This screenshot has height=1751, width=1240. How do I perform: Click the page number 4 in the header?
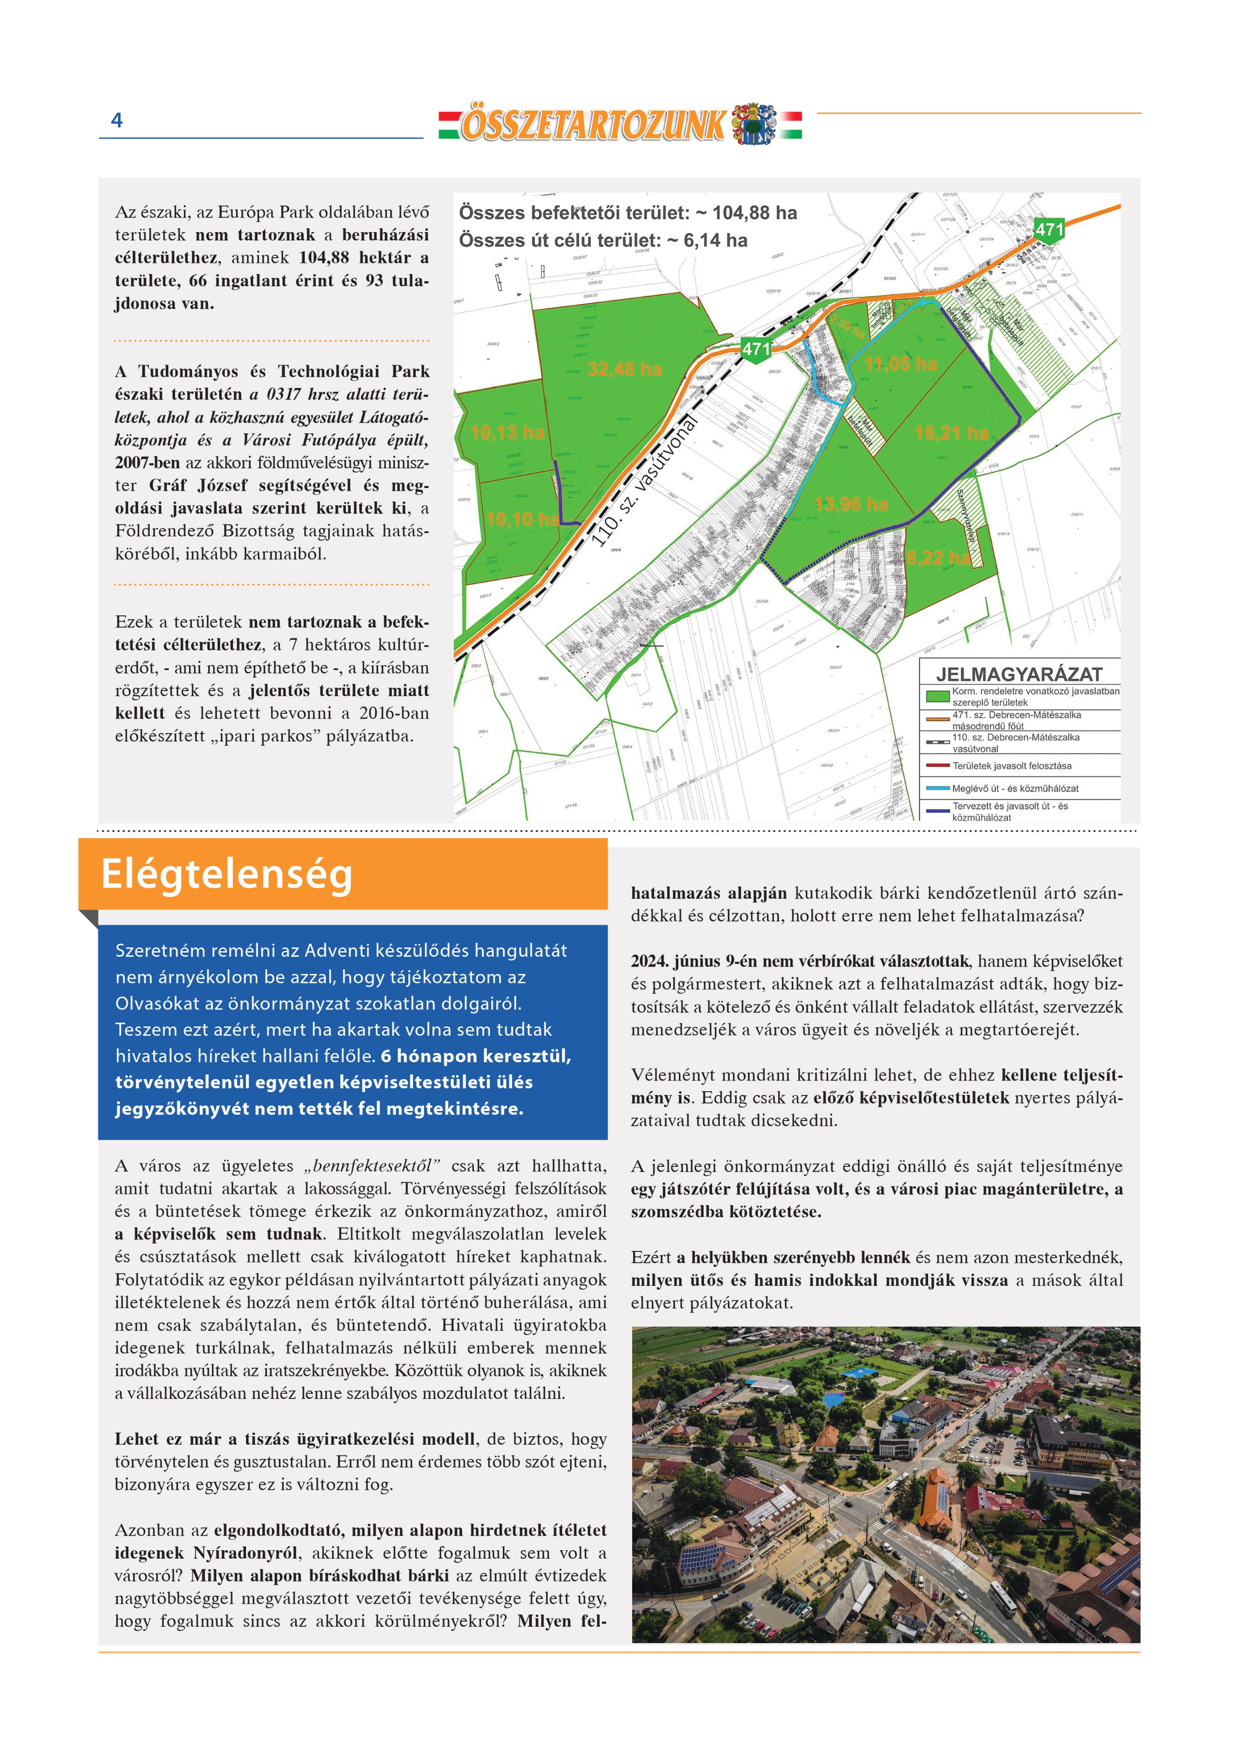tap(117, 120)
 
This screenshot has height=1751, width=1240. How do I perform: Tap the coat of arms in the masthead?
tap(753, 124)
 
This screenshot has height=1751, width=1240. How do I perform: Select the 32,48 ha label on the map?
tap(625, 370)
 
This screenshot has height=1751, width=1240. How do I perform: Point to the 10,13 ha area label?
tap(507, 433)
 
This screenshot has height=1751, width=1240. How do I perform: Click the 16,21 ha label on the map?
tap(951, 433)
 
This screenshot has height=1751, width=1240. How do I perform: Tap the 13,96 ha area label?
tap(851, 504)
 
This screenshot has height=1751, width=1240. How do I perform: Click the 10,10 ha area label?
tap(522, 519)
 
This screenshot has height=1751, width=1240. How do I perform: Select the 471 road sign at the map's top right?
tap(1049, 229)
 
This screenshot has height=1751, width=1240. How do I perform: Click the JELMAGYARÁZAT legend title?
tap(1019, 674)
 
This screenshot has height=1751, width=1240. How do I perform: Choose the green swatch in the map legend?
tap(937, 696)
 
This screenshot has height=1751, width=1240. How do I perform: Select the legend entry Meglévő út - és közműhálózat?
tap(1015, 788)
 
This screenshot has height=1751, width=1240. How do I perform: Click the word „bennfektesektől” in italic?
tap(372, 1166)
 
